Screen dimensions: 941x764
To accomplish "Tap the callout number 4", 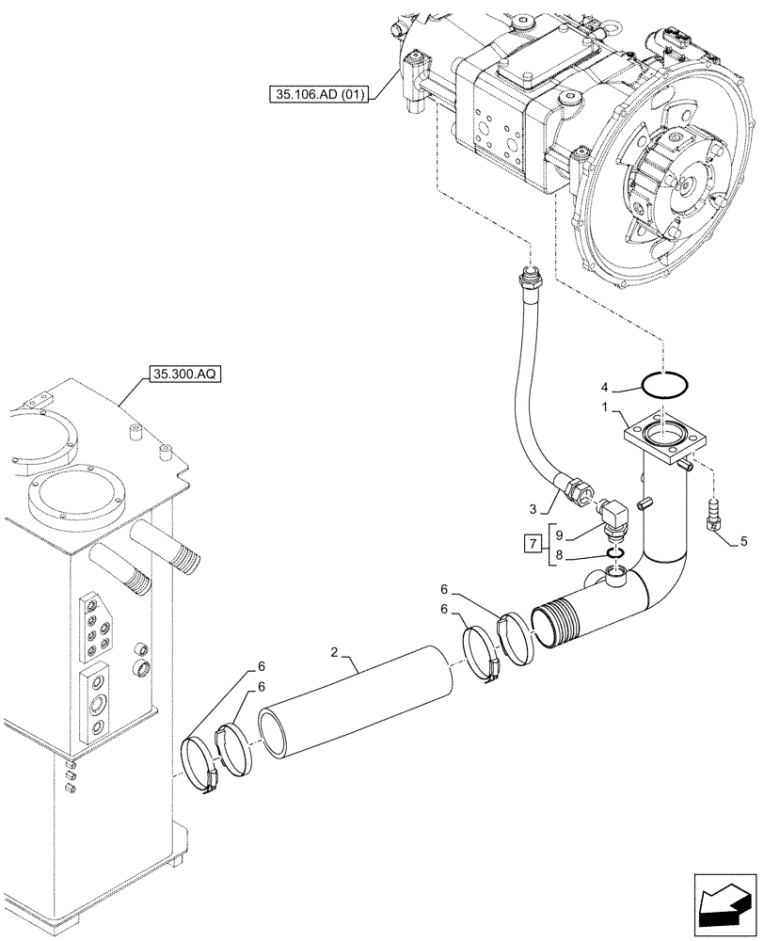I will [x=607, y=386].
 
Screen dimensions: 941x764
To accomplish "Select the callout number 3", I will [x=533, y=509].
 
